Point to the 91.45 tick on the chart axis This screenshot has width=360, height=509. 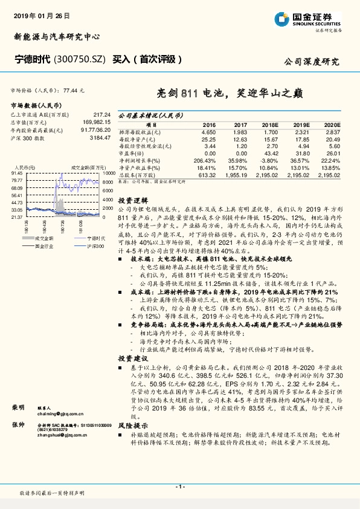click(18, 172)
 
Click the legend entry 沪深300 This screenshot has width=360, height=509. click(94, 247)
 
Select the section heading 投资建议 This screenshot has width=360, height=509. click(130, 358)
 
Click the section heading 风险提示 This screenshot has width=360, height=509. click(130, 424)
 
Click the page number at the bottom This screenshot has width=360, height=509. click(179, 487)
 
